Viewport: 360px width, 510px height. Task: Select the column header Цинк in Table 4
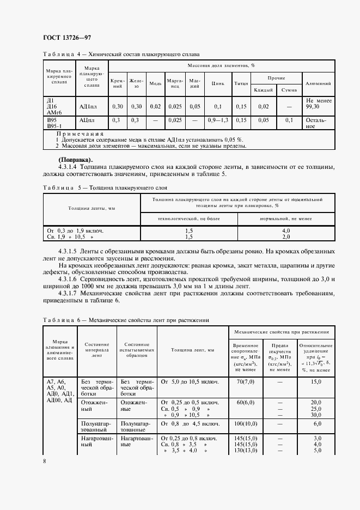click(218, 83)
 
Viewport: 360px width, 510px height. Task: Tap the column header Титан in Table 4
click(241, 83)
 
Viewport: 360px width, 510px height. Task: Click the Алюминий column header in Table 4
click(318, 83)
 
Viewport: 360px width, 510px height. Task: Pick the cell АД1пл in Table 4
click(88, 106)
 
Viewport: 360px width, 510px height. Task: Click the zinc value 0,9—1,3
click(218, 120)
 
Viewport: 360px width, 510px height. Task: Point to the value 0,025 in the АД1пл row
click(174, 106)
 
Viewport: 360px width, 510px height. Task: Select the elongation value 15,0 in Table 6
click(316, 382)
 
